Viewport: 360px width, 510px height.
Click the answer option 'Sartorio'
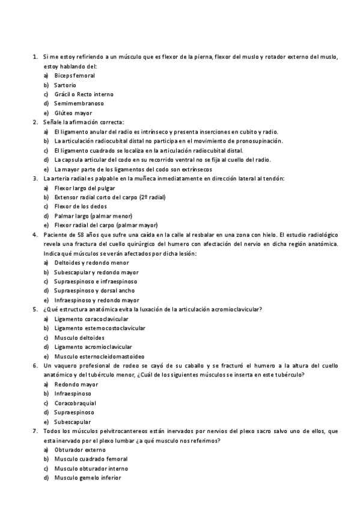point(65,85)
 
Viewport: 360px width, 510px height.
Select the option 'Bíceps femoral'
point(74,76)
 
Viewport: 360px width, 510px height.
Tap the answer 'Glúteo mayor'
point(73,113)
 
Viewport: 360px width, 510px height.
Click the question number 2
point(35,122)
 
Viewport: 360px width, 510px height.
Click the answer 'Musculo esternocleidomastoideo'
point(99,356)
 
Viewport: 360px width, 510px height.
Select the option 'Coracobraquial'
point(75,403)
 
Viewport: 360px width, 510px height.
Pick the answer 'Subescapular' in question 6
point(73,422)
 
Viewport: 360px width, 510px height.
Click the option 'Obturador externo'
point(79,450)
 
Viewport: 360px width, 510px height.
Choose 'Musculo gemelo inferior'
point(87,478)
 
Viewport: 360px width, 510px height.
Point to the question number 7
point(35,431)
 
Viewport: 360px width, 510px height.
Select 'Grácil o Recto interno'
point(84,94)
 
